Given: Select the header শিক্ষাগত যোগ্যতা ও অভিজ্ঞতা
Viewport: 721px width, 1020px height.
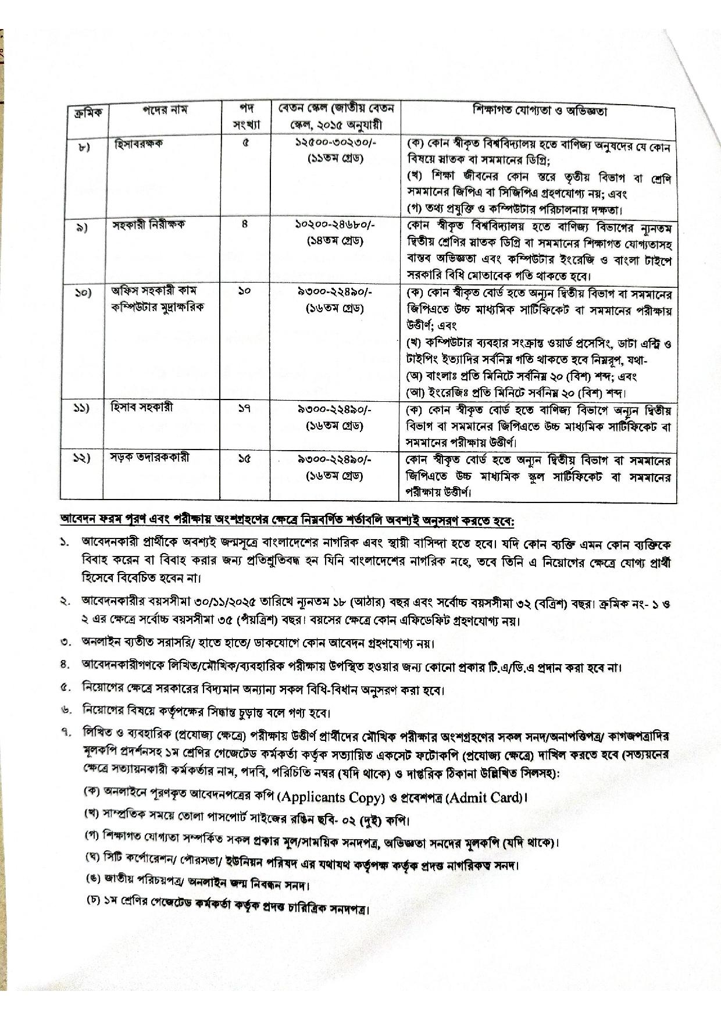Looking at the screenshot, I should coord(540,111).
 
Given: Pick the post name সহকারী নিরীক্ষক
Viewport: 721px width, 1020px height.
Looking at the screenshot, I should coord(148,224).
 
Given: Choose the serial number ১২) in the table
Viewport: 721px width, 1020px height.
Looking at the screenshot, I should coord(82,459).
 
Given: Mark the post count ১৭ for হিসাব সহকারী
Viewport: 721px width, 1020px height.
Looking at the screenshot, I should coord(244,409).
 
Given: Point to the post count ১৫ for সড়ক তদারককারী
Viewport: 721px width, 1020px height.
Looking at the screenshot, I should coord(244,459).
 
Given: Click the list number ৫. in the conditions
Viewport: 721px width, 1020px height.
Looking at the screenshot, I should coord(65,690).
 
